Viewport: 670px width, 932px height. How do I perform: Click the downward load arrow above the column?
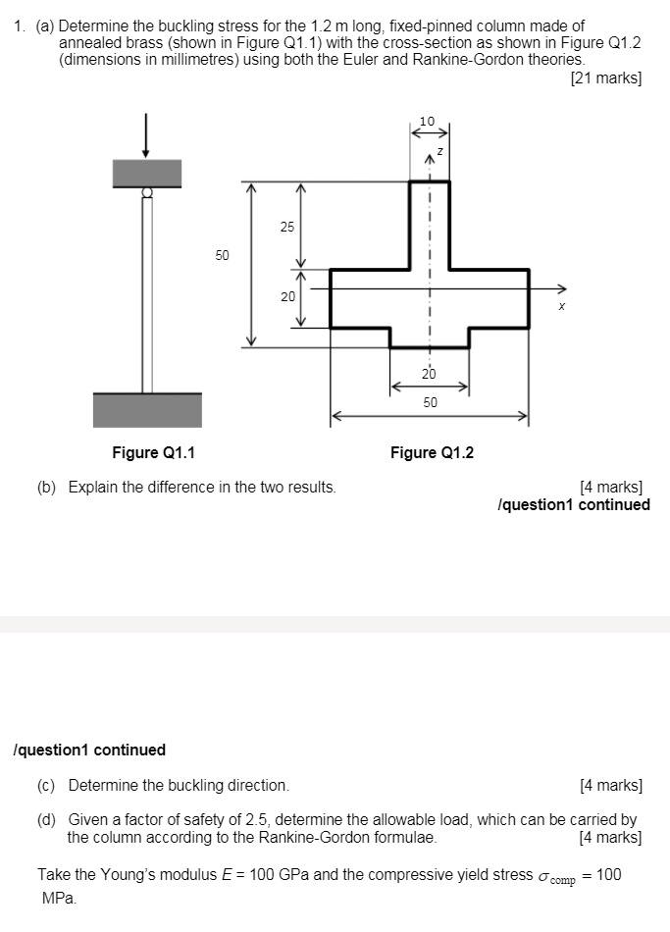point(146,135)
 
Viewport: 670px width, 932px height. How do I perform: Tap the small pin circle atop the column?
point(146,193)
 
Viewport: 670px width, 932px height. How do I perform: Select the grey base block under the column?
point(147,410)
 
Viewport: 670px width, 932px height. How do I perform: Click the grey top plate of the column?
point(146,173)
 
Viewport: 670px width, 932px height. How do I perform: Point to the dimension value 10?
point(427,121)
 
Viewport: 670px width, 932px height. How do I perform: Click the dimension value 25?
point(286,227)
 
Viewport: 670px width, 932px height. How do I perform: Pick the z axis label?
point(440,152)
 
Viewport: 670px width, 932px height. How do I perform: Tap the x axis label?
point(562,306)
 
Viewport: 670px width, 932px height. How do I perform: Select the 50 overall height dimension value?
point(223,255)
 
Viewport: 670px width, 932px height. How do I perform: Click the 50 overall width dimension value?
point(431,402)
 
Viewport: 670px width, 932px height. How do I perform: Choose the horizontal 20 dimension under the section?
point(429,374)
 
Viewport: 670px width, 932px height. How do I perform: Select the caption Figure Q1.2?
point(432,452)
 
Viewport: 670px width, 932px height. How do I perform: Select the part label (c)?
point(47,785)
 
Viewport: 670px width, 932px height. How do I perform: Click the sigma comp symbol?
point(559,876)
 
